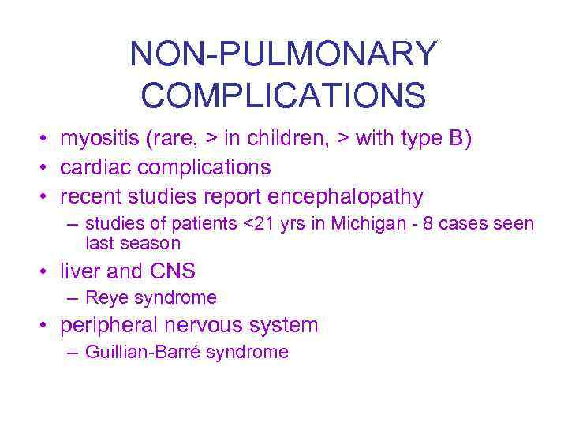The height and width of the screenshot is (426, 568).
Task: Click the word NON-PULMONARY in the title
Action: [x=283, y=54]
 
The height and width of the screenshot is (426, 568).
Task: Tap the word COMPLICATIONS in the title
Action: [x=283, y=95]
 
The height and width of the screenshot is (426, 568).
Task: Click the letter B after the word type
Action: [x=458, y=139]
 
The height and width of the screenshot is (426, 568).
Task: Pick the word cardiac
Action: [x=96, y=167]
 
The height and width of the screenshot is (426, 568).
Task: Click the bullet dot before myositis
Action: [x=47, y=140]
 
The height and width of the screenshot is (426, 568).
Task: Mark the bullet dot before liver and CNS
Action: [x=47, y=272]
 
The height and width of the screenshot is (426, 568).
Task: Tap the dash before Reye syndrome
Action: [x=73, y=298]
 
